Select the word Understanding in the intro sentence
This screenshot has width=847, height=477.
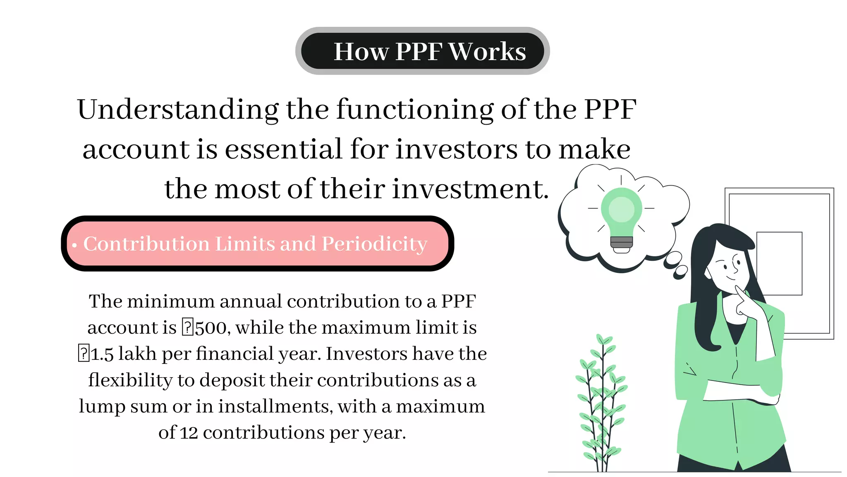178,110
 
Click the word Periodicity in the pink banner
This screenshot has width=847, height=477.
374,244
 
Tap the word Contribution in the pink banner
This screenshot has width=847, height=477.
147,244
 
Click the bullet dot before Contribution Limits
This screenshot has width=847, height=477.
74,246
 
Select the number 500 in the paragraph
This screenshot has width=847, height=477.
211,328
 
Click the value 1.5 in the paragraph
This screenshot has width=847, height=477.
102,354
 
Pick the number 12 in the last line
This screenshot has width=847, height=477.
189,433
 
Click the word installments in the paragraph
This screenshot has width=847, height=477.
275,407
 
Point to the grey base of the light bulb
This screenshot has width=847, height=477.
622,242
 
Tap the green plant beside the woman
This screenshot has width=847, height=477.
602,406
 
